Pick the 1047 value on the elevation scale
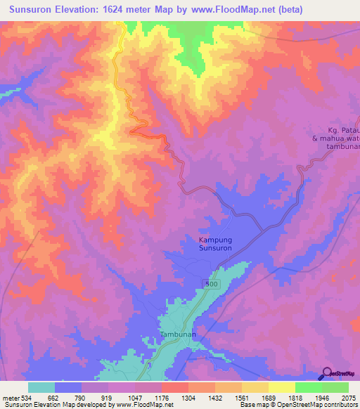pos(135,397)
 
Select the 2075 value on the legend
pos(349,397)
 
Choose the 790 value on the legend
pos(81,397)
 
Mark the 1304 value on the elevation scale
pos(188,397)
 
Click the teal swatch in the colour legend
pos(41,387)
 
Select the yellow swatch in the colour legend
pos(282,387)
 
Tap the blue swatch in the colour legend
pos(68,387)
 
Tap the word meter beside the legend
pos(9,397)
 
